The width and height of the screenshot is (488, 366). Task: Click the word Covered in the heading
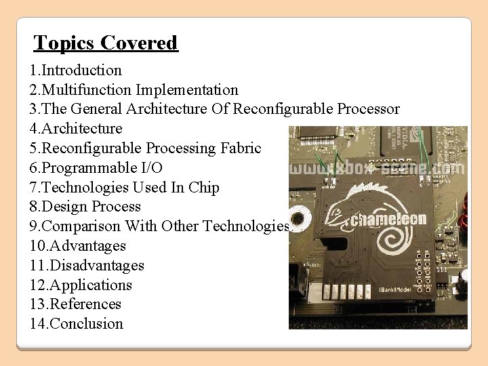(139, 43)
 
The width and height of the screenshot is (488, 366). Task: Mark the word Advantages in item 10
(88, 246)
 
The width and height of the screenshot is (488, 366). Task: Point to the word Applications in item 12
(91, 285)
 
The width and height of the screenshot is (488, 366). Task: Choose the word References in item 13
(86, 304)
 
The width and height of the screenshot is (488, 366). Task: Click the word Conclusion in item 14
(87, 324)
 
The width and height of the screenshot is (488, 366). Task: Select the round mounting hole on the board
(301, 219)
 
